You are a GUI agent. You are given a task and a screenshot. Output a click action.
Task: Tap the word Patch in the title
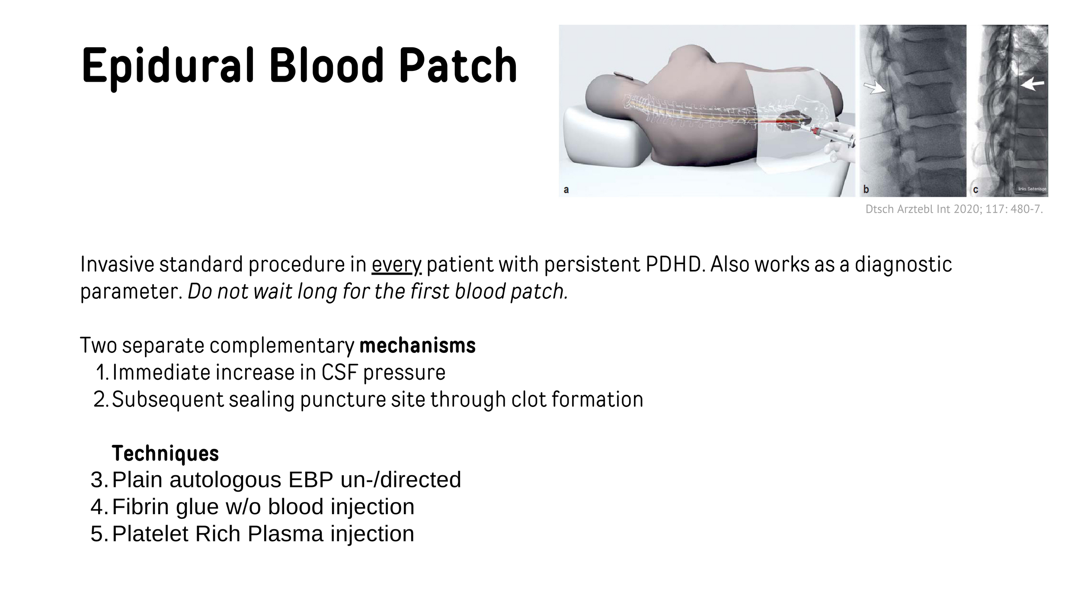click(x=457, y=66)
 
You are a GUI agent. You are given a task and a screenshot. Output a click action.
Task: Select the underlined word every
click(x=396, y=265)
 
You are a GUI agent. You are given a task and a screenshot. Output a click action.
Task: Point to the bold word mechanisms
click(x=417, y=346)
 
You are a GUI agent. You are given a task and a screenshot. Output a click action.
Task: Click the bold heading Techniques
click(x=165, y=453)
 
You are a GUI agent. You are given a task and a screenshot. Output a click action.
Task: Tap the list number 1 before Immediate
click(x=102, y=373)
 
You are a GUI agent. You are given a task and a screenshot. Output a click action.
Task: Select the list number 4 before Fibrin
click(x=99, y=507)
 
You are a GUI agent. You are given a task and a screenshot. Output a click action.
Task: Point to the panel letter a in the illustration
click(x=566, y=189)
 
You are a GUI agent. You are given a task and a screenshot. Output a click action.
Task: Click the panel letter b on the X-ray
click(x=866, y=189)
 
